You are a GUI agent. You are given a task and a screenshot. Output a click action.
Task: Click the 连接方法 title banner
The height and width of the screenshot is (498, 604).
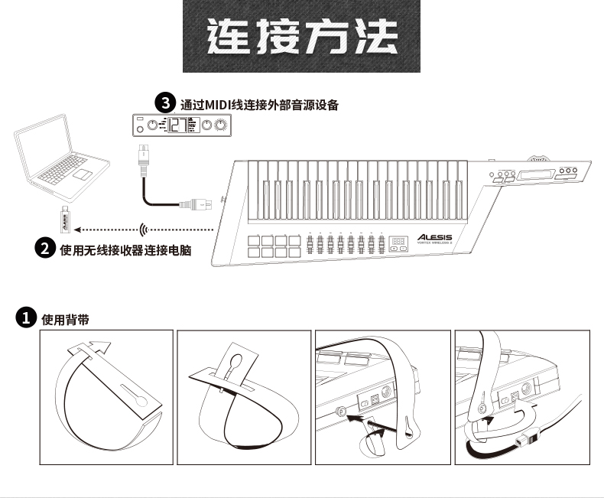point(302,37)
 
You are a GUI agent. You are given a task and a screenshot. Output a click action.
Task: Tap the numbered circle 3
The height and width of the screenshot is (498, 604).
point(164,102)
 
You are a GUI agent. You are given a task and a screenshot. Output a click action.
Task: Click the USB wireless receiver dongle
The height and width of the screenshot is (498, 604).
point(68,221)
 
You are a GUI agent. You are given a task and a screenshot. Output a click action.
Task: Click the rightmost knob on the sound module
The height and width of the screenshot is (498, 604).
point(222,126)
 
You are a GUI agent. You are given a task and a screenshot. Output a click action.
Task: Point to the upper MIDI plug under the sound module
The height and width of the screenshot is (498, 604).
point(142,155)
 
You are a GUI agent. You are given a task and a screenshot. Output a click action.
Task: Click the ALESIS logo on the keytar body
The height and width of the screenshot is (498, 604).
point(434,237)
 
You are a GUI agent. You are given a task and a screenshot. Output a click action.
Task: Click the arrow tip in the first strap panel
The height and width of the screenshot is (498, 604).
point(107,347)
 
